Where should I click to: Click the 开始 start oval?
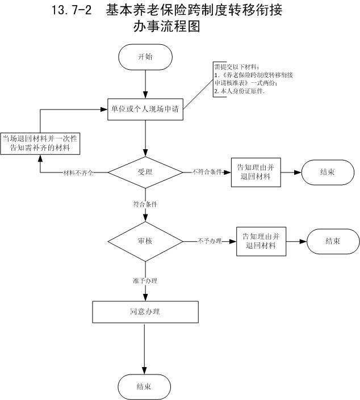pos(145,57)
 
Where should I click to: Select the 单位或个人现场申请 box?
pos(145,110)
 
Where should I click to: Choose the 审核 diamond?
pos(145,241)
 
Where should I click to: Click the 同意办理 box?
pos(145,311)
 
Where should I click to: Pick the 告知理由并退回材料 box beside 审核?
pos(261,241)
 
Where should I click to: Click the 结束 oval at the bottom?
pos(144,387)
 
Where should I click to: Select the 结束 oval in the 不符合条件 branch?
pos(328,172)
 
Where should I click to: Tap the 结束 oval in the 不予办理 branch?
pos(333,241)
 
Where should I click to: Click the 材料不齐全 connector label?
pos(78,172)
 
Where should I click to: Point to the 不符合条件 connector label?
pos(206,172)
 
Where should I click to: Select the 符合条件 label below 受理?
pos(145,203)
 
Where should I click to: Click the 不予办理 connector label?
pos(209,241)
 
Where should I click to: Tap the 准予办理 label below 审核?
pos(145,280)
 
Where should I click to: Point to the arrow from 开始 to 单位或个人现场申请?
pos(146,85)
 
